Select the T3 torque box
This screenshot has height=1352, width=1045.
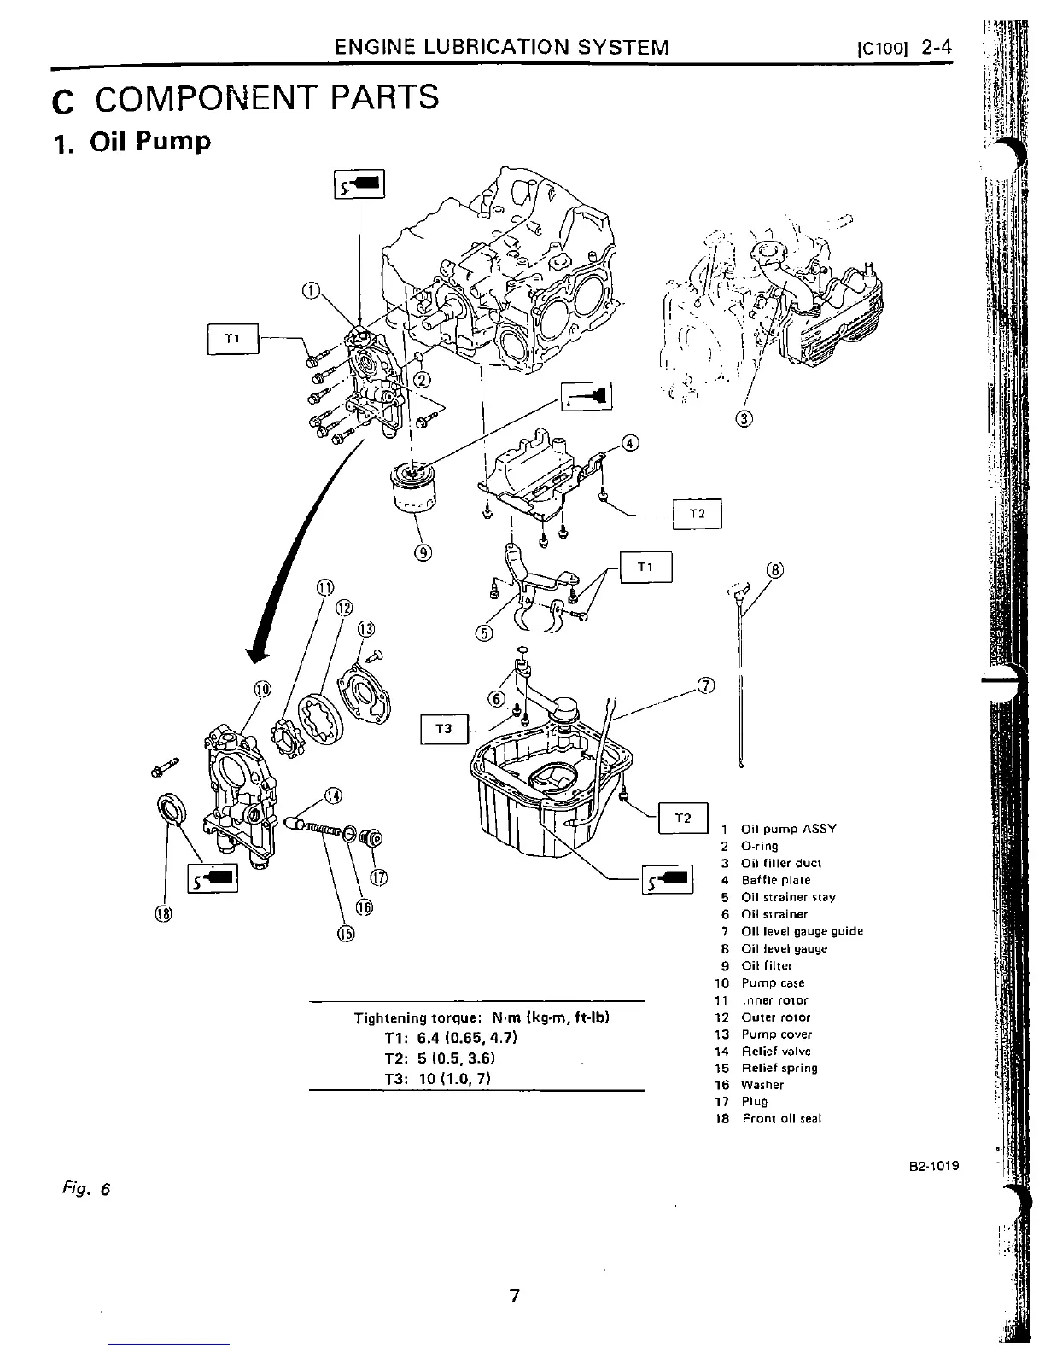[443, 729]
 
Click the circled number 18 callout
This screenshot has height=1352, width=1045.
[162, 913]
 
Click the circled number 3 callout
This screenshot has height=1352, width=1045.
[744, 418]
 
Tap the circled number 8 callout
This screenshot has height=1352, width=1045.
[774, 570]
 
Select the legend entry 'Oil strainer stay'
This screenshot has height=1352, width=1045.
[787, 897]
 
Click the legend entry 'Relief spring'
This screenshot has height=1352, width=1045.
[778, 1068]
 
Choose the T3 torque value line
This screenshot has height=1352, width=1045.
[436, 1077]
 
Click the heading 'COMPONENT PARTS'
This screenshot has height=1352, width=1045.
[266, 98]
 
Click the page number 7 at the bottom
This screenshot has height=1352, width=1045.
[514, 1297]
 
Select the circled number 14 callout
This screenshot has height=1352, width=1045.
[333, 796]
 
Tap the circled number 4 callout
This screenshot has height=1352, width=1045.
[629, 443]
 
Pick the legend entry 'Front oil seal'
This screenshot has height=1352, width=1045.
[781, 1119]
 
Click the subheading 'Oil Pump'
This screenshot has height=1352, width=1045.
[150, 141]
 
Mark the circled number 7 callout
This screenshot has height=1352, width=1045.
[706, 685]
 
